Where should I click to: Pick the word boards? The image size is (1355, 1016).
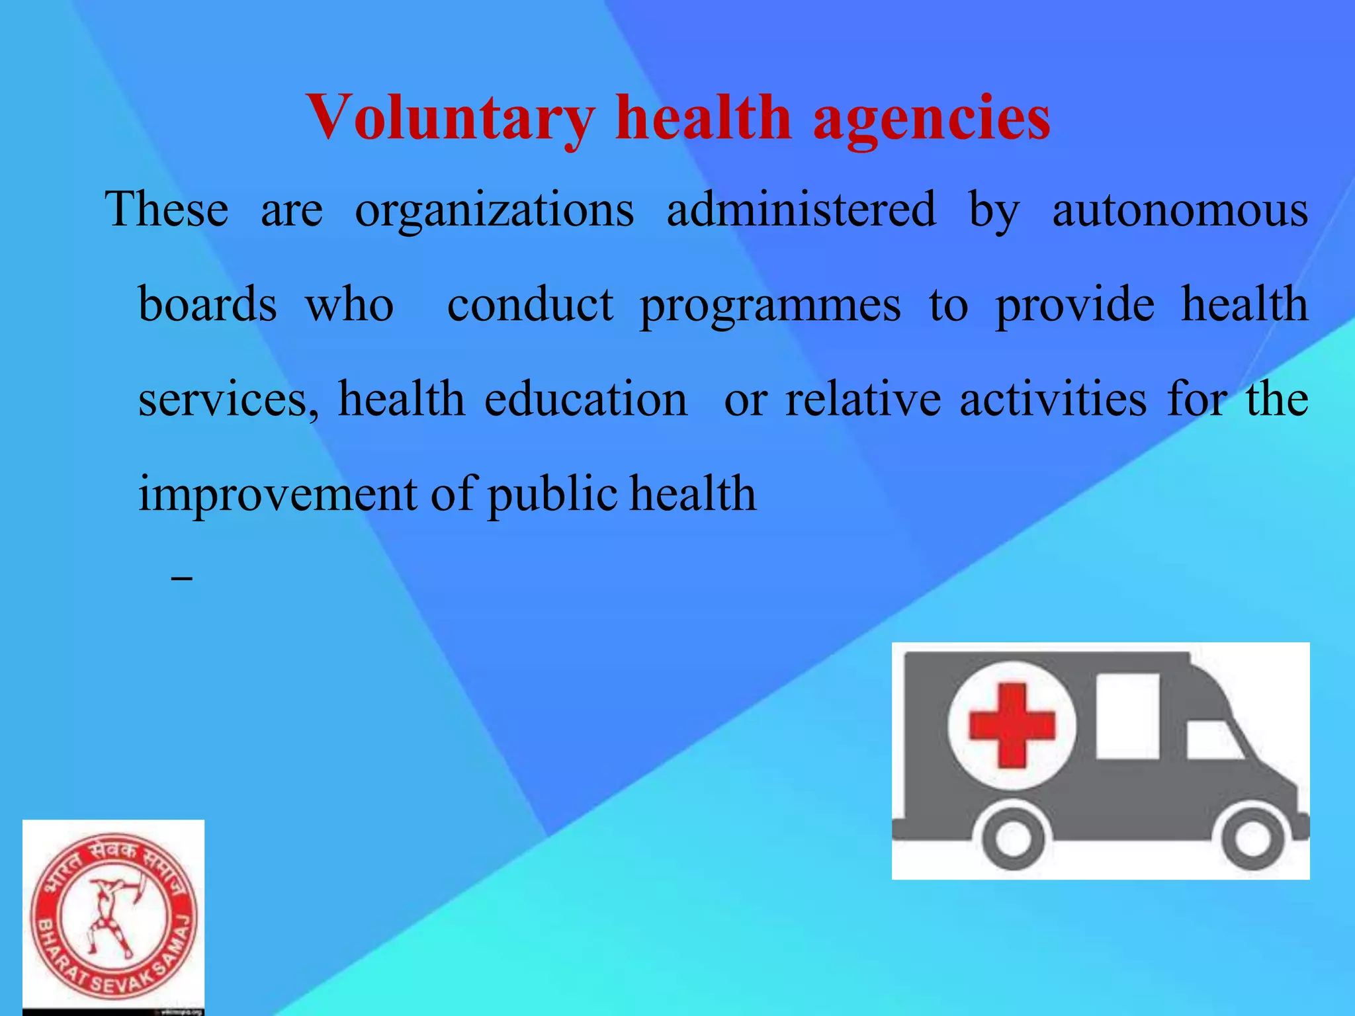point(207,305)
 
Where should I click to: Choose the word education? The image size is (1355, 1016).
point(586,400)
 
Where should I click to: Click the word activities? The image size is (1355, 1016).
point(1053,400)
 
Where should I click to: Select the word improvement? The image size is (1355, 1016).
point(277,495)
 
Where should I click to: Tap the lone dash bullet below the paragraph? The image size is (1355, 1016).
point(181,579)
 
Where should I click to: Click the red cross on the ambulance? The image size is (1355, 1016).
point(1011,726)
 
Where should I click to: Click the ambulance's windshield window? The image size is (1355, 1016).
point(1214,740)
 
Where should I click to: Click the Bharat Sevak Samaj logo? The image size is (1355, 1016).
point(113,917)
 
